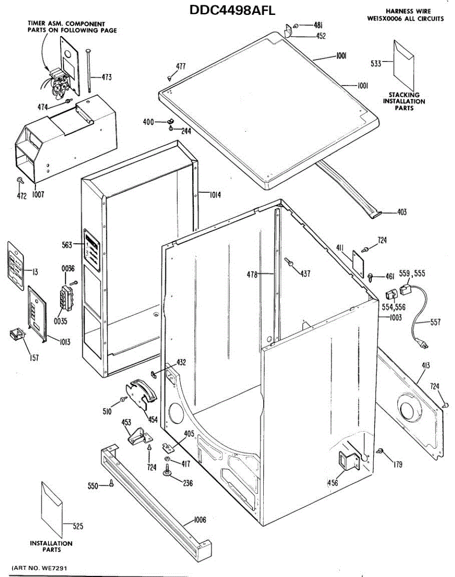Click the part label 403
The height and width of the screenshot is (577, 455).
(x=402, y=212)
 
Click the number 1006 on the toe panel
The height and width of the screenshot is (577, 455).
(x=200, y=519)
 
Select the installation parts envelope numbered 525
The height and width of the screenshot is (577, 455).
(x=51, y=510)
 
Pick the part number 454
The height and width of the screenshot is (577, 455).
(x=153, y=420)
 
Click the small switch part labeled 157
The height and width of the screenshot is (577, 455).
(x=17, y=333)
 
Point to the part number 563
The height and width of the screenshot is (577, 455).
(x=66, y=245)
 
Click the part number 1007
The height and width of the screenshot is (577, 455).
(x=38, y=195)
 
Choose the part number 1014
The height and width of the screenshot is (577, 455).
(x=215, y=195)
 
